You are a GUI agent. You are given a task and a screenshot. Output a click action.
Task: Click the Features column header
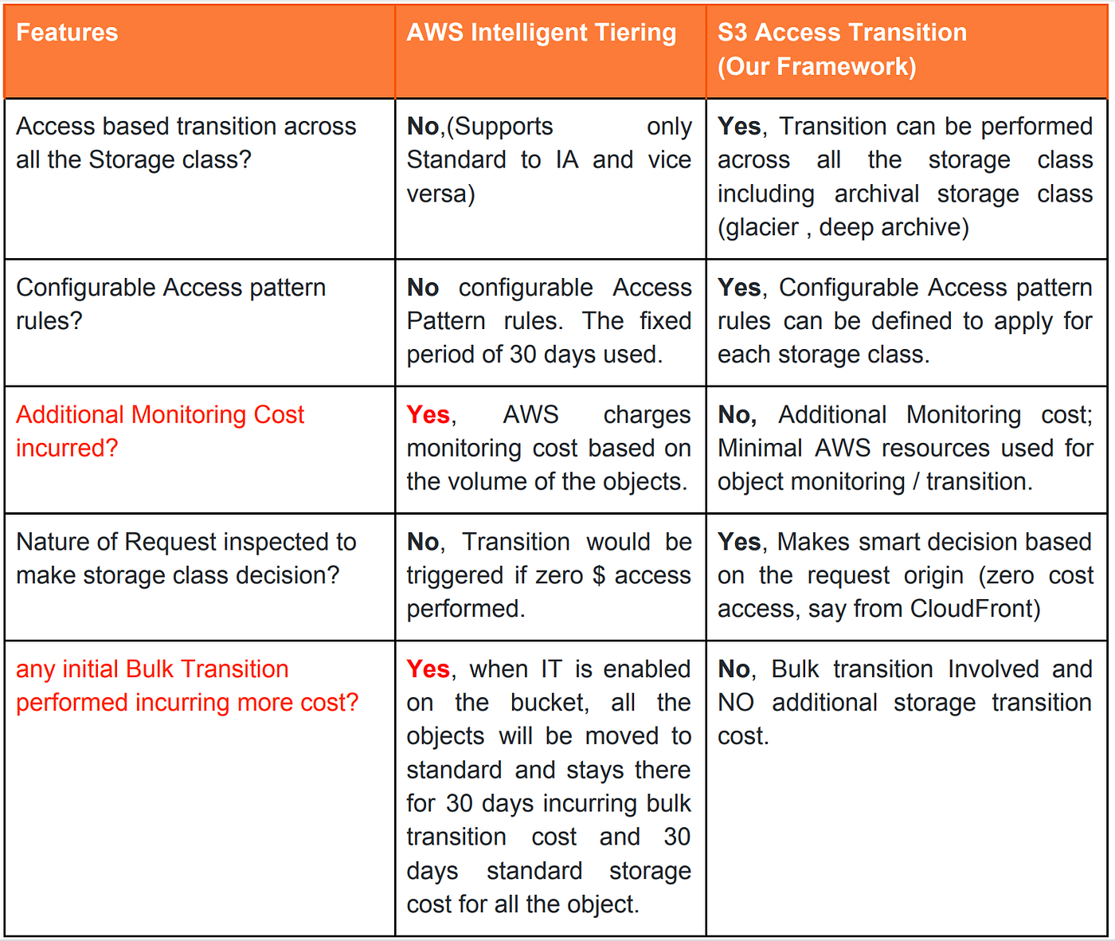(67, 33)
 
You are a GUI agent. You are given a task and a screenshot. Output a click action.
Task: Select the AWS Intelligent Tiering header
(541, 33)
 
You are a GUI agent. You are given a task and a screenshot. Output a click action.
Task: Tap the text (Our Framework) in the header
(816, 66)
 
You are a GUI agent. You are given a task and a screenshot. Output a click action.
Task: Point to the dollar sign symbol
(599, 575)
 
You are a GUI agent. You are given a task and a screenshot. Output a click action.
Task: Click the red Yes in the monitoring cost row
(428, 414)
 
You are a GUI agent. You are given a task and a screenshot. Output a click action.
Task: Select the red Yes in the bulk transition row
(428, 669)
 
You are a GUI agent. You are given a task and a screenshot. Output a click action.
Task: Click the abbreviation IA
(567, 160)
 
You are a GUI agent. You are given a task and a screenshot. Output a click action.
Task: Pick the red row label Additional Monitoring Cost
(160, 415)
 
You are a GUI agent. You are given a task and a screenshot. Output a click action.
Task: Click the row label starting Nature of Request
(186, 542)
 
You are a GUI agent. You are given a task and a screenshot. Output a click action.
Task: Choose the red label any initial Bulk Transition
(152, 669)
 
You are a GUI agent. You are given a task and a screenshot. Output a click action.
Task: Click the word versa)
(440, 194)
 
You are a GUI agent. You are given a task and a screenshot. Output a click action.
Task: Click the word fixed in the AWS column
(665, 321)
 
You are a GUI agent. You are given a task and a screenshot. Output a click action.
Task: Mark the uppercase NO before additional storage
(735, 703)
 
